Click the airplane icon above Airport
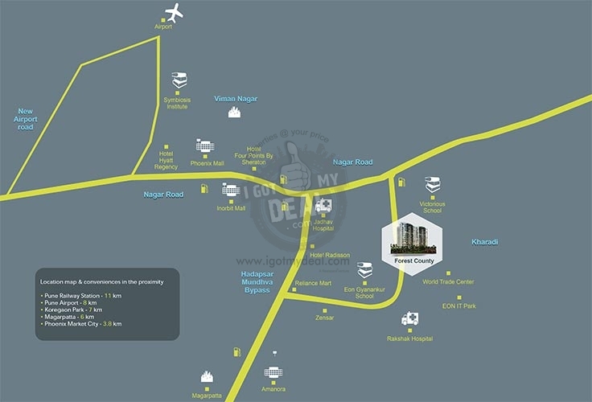(175, 13)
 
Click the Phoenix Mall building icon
(203, 146)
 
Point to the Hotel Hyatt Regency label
(166, 160)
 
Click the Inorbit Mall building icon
(231, 191)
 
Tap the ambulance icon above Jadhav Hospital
(323, 205)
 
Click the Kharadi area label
(485, 241)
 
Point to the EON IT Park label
(458, 306)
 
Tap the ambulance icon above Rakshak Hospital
(410, 319)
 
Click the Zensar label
(325, 318)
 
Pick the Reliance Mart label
(313, 283)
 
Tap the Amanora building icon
(273, 373)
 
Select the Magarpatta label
(207, 396)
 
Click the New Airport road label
(27, 119)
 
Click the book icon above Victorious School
(433, 184)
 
